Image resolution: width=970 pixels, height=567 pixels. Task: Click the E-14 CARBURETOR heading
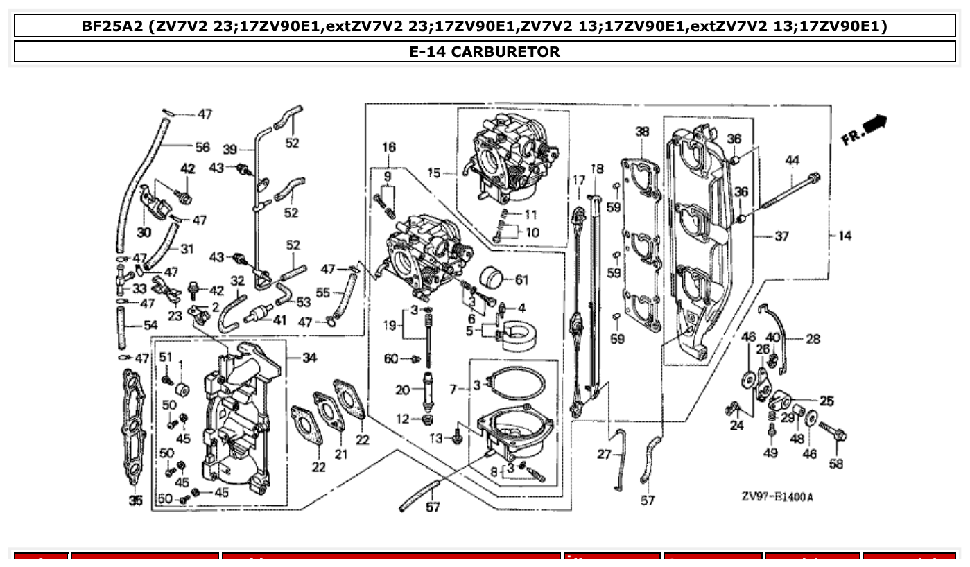[485, 51]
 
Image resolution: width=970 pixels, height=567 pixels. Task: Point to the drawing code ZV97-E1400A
[776, 497]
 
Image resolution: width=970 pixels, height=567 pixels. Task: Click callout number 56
[202, 147]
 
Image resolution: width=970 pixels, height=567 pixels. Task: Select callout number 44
[793, 160]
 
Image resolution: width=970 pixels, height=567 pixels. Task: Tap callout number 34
[309, 358]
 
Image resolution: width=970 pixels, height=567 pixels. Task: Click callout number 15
[434, 173]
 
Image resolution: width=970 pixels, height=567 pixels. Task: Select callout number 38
[642, 132]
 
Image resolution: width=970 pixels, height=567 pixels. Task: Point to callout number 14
[845, 236]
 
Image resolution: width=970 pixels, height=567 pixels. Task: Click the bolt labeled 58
[836, 435]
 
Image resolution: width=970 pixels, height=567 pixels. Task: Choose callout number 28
[813, 339]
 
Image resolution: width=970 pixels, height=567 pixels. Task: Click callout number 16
[389, 147]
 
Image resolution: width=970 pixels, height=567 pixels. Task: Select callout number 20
[403, 390]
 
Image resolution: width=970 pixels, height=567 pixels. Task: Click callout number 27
[604, 454]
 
